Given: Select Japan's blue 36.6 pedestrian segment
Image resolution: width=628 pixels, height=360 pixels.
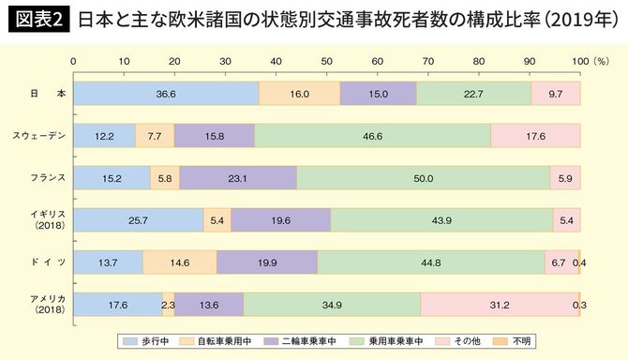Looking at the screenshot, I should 166,94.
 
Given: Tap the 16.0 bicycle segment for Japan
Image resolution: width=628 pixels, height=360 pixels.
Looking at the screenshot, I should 299,94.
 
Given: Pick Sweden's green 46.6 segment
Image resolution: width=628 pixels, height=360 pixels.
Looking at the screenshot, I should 372,136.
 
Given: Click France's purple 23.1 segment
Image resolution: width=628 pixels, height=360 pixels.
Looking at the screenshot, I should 237,178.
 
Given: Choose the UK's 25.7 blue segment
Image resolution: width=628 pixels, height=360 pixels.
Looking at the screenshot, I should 138,220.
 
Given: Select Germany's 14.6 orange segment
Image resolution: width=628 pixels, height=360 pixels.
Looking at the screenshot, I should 179,262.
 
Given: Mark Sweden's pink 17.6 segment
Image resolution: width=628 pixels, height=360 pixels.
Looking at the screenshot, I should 535,136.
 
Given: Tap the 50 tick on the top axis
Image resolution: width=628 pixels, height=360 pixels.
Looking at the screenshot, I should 326,59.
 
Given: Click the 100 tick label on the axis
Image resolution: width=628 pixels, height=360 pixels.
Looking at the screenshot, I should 578,59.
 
